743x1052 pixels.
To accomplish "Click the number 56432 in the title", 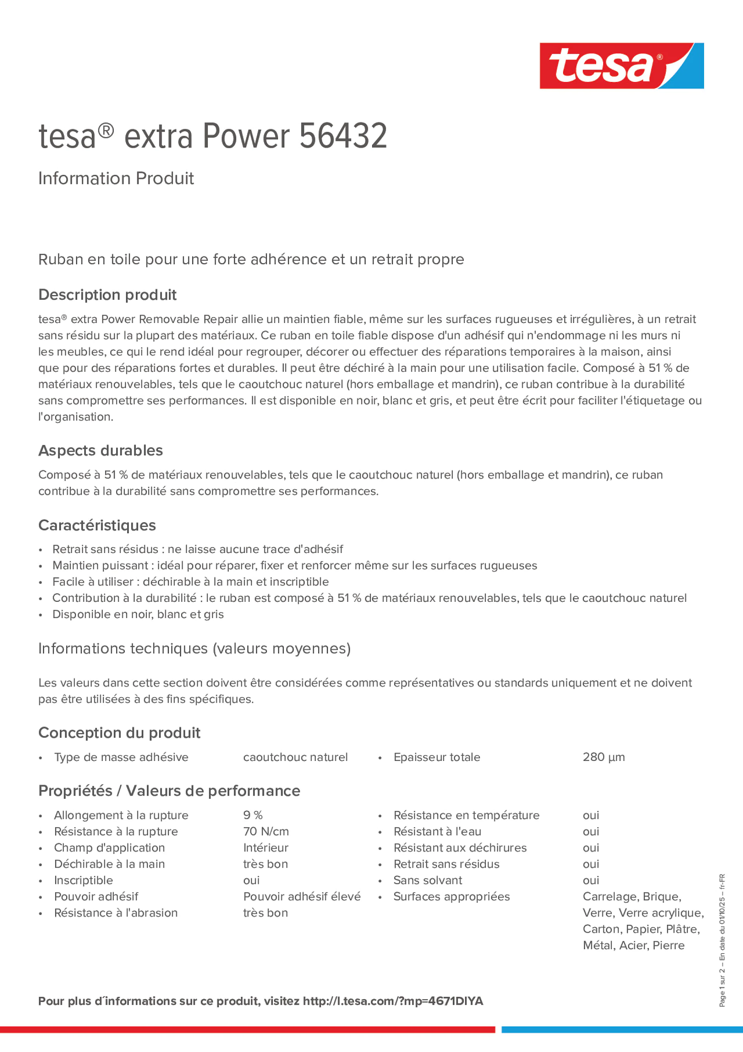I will click(x=343, y=136).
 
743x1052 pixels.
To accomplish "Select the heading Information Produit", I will click(x=116, y=178).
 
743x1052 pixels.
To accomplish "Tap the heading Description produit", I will click(x=107, y=295).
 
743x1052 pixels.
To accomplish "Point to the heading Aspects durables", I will click(x=100, y=451).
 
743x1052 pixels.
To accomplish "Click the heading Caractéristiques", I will click(x=97, y=525).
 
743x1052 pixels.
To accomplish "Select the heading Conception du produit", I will click(x=119, y=733).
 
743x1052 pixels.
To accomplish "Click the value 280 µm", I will click(x=603, y=757).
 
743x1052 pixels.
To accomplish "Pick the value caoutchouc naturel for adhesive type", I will click(x=295, y=757).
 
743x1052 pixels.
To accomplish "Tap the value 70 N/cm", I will click(x=266, y=831).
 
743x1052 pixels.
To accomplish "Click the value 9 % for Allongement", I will click(x=253, y=815).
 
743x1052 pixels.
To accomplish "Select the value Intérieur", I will click(x=266, y=848).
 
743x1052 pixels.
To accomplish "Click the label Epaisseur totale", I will click(x=437, y=757).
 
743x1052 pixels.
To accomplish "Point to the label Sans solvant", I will click(x=427, y=880).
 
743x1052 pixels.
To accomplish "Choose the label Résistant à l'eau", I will click(x=437, y=831).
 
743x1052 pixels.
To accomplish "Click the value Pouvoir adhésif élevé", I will click(x=302, y=896).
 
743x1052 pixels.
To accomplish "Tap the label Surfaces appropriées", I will click(x=451, y=896).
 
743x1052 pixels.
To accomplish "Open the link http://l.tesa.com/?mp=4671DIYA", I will click(x=393, y=1001).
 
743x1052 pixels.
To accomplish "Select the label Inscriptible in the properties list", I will click(x=83, y=880).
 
